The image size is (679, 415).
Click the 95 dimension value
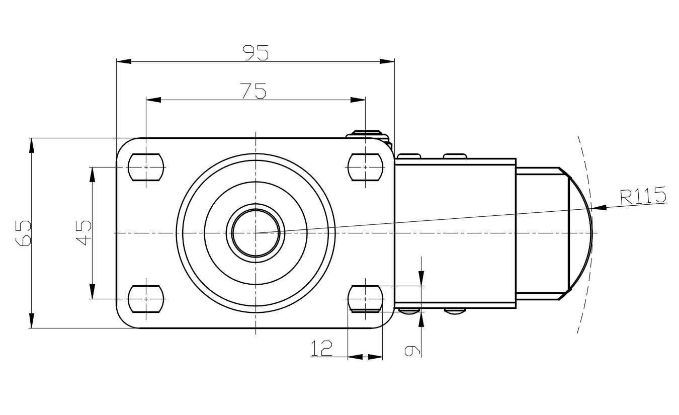256,53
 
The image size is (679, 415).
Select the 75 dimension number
253,91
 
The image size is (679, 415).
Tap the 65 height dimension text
23,233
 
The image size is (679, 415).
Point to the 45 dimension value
83,232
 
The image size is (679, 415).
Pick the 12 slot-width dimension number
321,348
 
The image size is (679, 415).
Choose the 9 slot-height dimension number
412,351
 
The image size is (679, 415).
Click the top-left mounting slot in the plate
146,167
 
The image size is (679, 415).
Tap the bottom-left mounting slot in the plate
146,299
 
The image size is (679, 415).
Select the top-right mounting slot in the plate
365,167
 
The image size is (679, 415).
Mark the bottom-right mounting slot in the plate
365,299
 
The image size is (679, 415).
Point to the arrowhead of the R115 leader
599,208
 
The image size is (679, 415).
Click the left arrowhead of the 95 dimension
124,61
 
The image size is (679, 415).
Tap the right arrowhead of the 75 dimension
358,100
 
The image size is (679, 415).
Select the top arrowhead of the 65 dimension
32,145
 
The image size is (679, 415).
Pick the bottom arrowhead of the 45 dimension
93,291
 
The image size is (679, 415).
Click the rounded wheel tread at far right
581,233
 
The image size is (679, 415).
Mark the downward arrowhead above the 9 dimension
421,278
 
